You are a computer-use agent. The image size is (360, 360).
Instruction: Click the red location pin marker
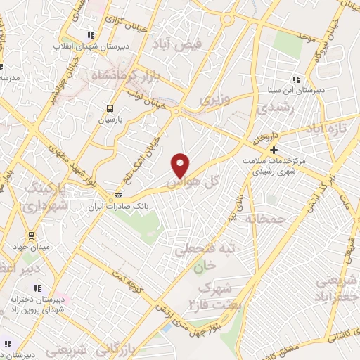pyautogui.click(x=181, y=165)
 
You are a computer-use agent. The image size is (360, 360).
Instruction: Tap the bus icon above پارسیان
pyautogui.click(x=110, y=108)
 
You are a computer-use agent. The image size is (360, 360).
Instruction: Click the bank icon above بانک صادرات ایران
pyautogui.click(x=118, y=195)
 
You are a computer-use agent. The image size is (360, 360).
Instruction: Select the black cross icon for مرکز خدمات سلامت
pyautogui.click(x=274, y=150)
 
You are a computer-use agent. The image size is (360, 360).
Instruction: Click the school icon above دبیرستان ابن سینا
pyautogui.click(x=296, y=79)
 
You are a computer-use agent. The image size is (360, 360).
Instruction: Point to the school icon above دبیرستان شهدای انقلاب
pyautogui.click(x=90, y=35)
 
